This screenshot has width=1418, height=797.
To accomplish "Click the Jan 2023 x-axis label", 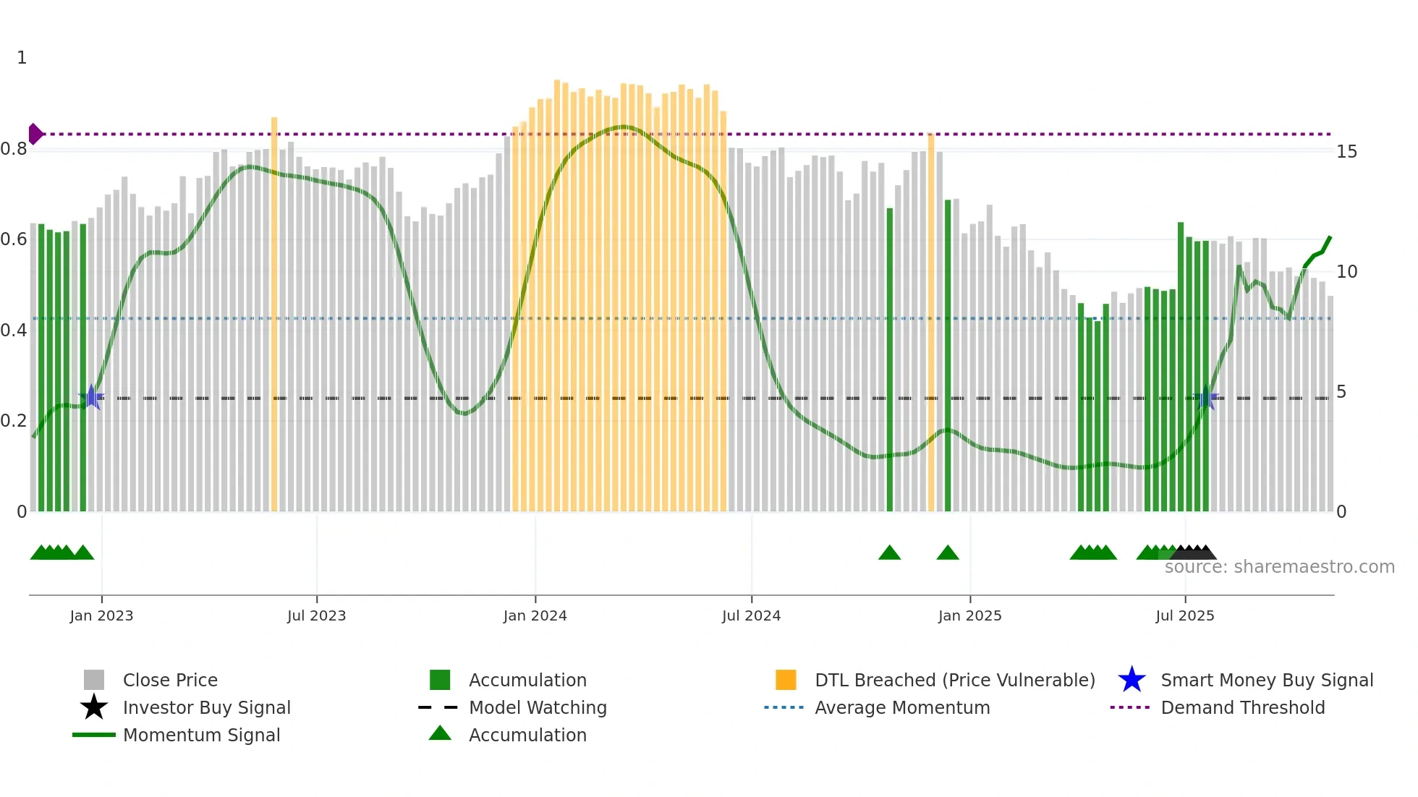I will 101,615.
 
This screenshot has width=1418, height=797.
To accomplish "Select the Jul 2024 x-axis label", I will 751,615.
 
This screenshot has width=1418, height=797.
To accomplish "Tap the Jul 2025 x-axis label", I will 1184,615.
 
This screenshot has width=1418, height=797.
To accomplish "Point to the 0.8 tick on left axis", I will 14,149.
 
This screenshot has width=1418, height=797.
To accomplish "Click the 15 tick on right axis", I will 1346,152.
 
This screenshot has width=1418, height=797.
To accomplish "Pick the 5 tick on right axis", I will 1341,392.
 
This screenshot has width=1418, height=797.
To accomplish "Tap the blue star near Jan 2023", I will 91,397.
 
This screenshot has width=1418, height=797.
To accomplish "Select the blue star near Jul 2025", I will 1206,399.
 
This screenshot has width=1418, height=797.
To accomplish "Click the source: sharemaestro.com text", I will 1279,567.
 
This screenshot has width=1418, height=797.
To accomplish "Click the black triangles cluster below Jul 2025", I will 1193,553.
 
